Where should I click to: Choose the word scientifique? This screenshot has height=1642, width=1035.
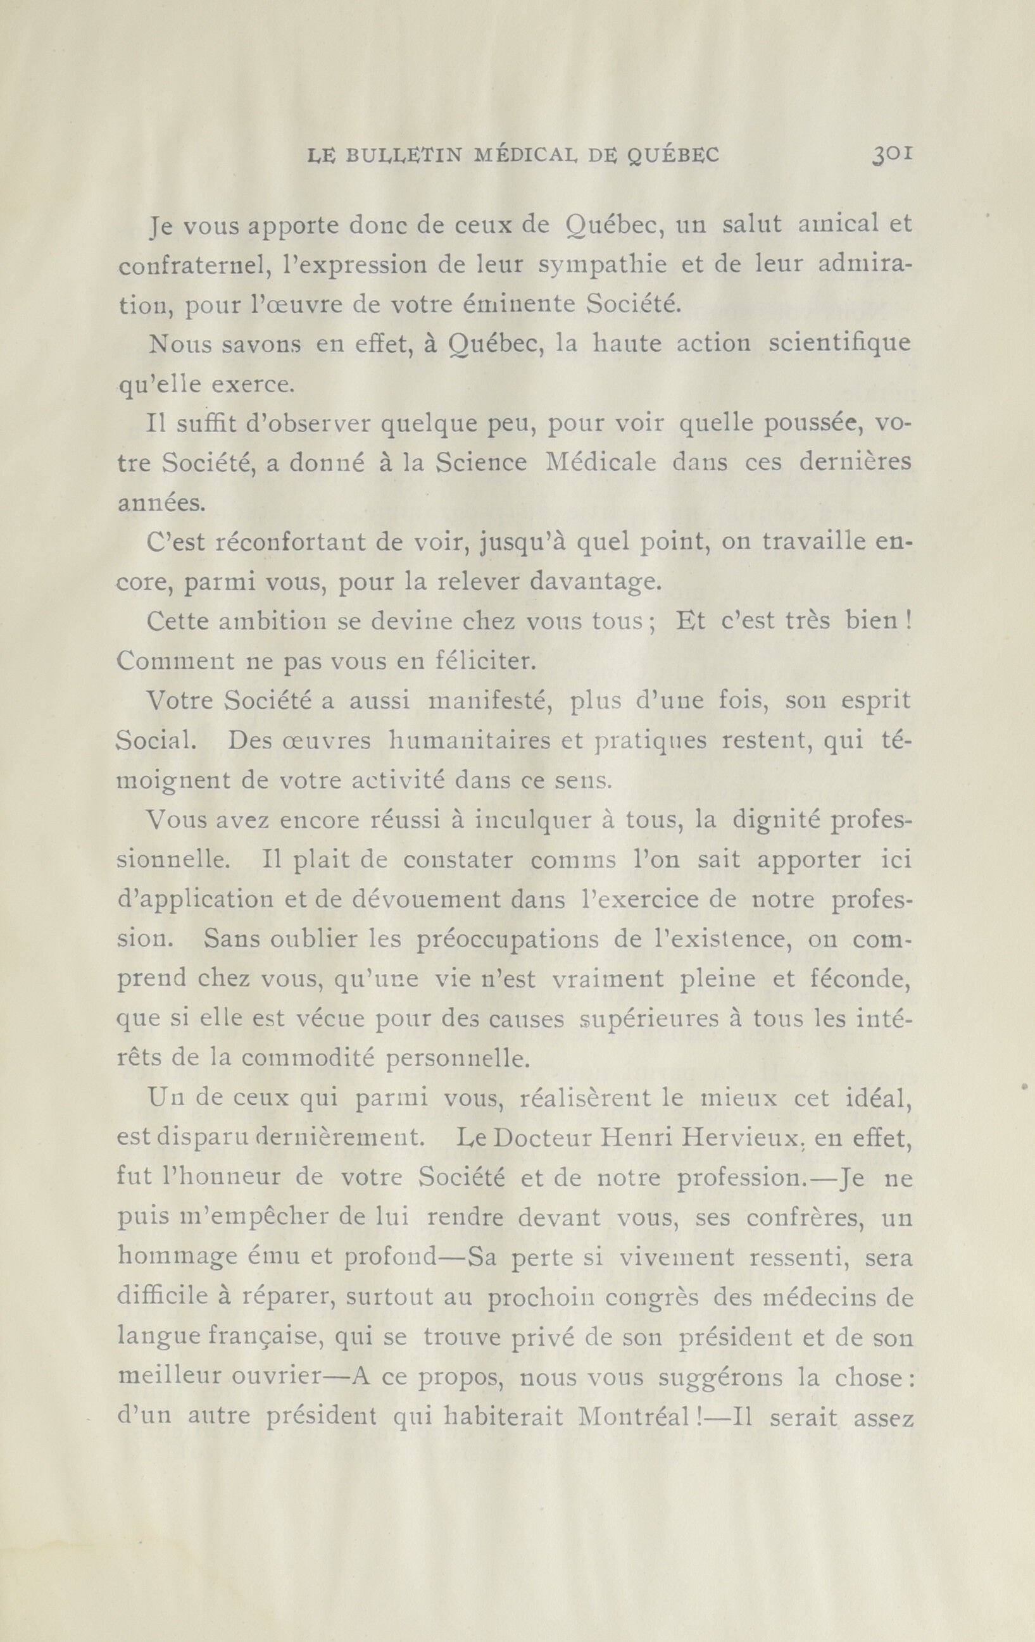[x=839, y=344]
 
